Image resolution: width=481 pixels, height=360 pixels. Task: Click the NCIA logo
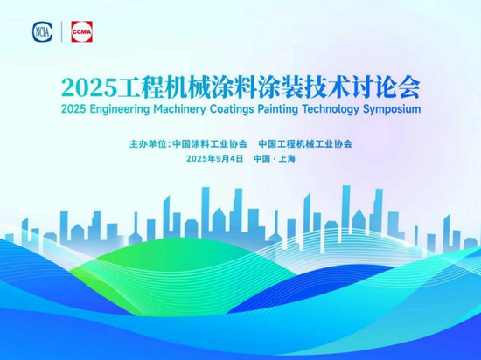tap(43, 31)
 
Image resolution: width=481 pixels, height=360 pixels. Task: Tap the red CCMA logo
tap(82, 31)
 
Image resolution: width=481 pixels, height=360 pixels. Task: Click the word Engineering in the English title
tap(120, 109)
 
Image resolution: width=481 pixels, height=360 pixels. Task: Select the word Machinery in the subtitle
tap(180, 109)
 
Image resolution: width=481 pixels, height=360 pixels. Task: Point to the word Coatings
tap(232, 109)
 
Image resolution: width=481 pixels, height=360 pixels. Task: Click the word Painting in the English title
tap(278, 109)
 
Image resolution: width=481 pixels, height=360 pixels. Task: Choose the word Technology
tap(331, 109)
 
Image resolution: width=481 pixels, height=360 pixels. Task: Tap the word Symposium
tap(392, 109)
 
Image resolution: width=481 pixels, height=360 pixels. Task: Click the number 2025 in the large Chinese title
tap(89, 88)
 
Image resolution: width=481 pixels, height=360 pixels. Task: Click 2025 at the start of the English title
tap(73, 109)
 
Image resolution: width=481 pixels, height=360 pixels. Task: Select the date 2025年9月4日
tap(215, 158)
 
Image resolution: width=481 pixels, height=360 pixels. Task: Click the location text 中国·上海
tap(275, 158)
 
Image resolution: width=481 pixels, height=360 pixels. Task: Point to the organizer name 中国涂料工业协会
tap(210, 143)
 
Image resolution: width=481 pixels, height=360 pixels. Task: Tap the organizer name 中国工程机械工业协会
tap(305, 143)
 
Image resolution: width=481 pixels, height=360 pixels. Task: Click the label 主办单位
tap(148, 143)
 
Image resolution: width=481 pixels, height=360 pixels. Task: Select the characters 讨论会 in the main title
tap(387, 88)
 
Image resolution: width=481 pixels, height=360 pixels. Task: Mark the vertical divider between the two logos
tap(62, 31)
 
